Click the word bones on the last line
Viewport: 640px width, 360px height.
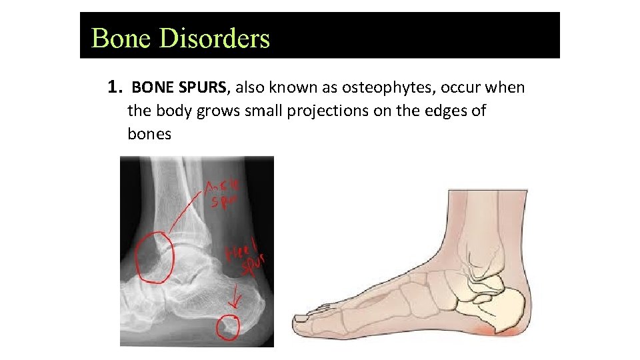(149, 134)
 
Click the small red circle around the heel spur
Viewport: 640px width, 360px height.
(229, 326)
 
